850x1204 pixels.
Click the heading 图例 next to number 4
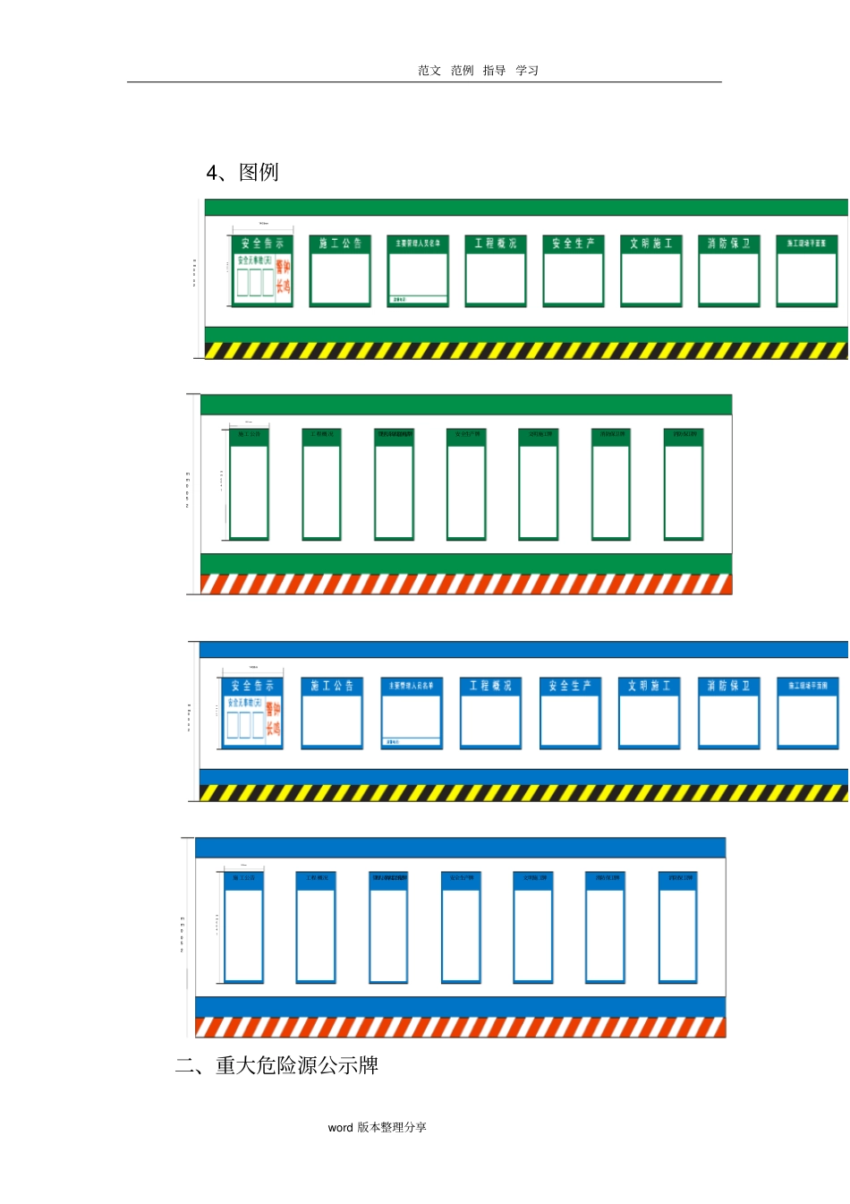pyautogui.click(x=259, y=172)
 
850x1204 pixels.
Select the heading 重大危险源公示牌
pyautogui.click(x=297, y=1065)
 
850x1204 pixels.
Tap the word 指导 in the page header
pyautogui.click(x=494, y=71)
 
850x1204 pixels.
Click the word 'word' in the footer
pyautogui.click(x=340, y=1128)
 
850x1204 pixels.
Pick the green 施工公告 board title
pyautogui.click(x=340, y=243)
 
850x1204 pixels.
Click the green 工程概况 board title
pyautogui.click(x=496, y=243)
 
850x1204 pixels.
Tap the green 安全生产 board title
pyautogui.click(x=574, y=243)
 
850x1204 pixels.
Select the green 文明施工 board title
pyautogui.click(x=651, y=243)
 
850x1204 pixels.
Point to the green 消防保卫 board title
pyautogui.click(x=729, y=243)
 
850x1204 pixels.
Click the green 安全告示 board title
pyautogui.click(x=262, y=243)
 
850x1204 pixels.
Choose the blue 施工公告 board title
pyautogui.click(x=332, y=686)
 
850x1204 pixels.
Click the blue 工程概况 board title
pyautogui.click(x=490, y=686)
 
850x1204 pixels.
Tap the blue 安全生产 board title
pyautogui.click(x=570, y=686)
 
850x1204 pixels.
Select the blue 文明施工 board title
pyautogui.click(x=649, y=686)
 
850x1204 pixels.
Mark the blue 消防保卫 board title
pyautogui.click(x=728, y=686)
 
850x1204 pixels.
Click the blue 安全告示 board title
pyautogui.click(x=252, y=686)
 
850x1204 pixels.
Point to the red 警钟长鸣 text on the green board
pyautogui.click(x=283, y=277)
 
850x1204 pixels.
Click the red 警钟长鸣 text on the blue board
pyautogui.click(x=273, y=719)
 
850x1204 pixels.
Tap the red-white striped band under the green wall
pyautogui.click(x=465, y=585)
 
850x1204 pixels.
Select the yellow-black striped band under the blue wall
pyautogui.click(x=523, y=793)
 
